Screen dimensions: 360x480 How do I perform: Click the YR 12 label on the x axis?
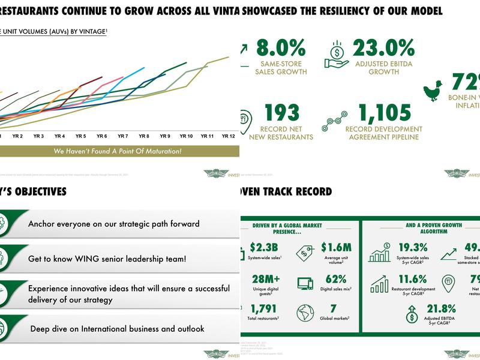(229, 136)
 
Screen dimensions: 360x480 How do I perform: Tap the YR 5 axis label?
(80, 136)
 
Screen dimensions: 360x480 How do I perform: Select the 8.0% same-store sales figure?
(281, 48)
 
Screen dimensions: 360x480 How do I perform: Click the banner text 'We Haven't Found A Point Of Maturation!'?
(117, 151)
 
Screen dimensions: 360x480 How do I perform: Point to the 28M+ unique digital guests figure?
(267, 279)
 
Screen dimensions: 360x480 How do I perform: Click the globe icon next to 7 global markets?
(305, 313)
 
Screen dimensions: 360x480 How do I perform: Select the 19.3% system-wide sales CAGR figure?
(413, 247)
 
